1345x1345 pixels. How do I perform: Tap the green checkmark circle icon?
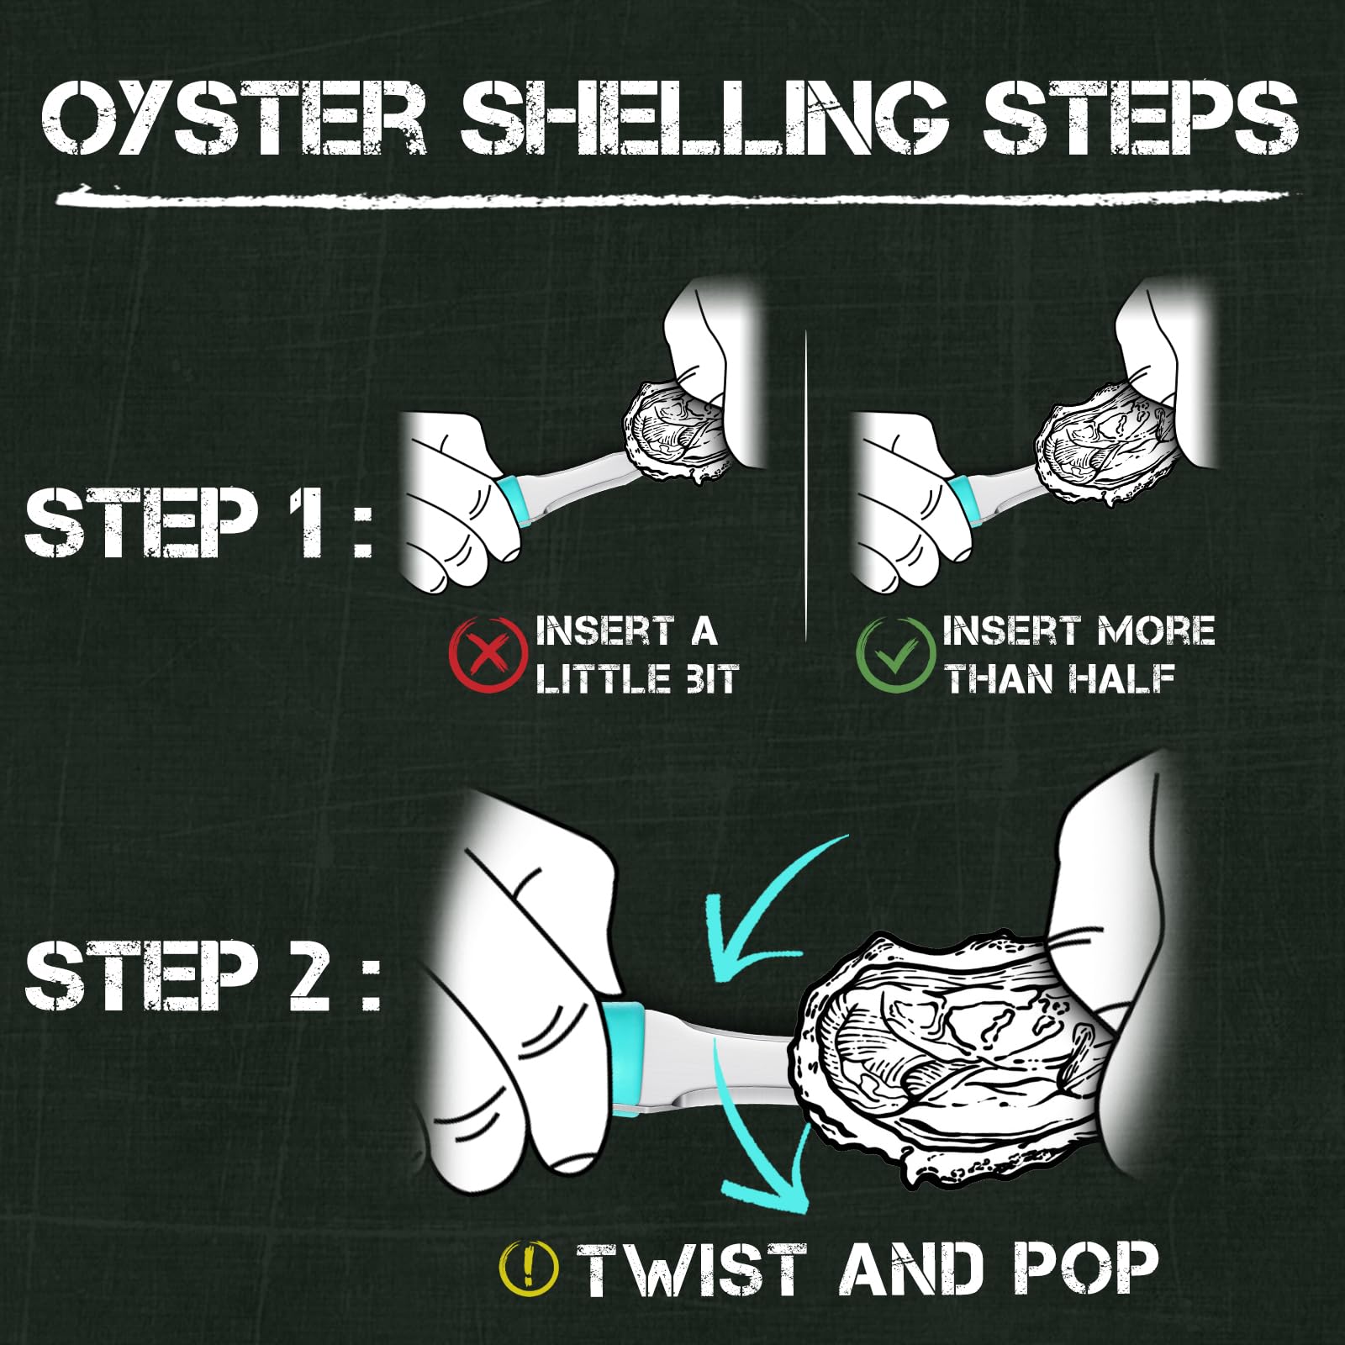tap(894, 654)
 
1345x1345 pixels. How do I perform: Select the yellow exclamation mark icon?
tap(528, 1269)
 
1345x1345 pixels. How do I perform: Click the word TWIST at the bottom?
tap(692, 1269)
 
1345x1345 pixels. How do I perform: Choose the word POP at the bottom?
tap(1085, 1269)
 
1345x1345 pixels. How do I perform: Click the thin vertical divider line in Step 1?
tap(806, 486)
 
